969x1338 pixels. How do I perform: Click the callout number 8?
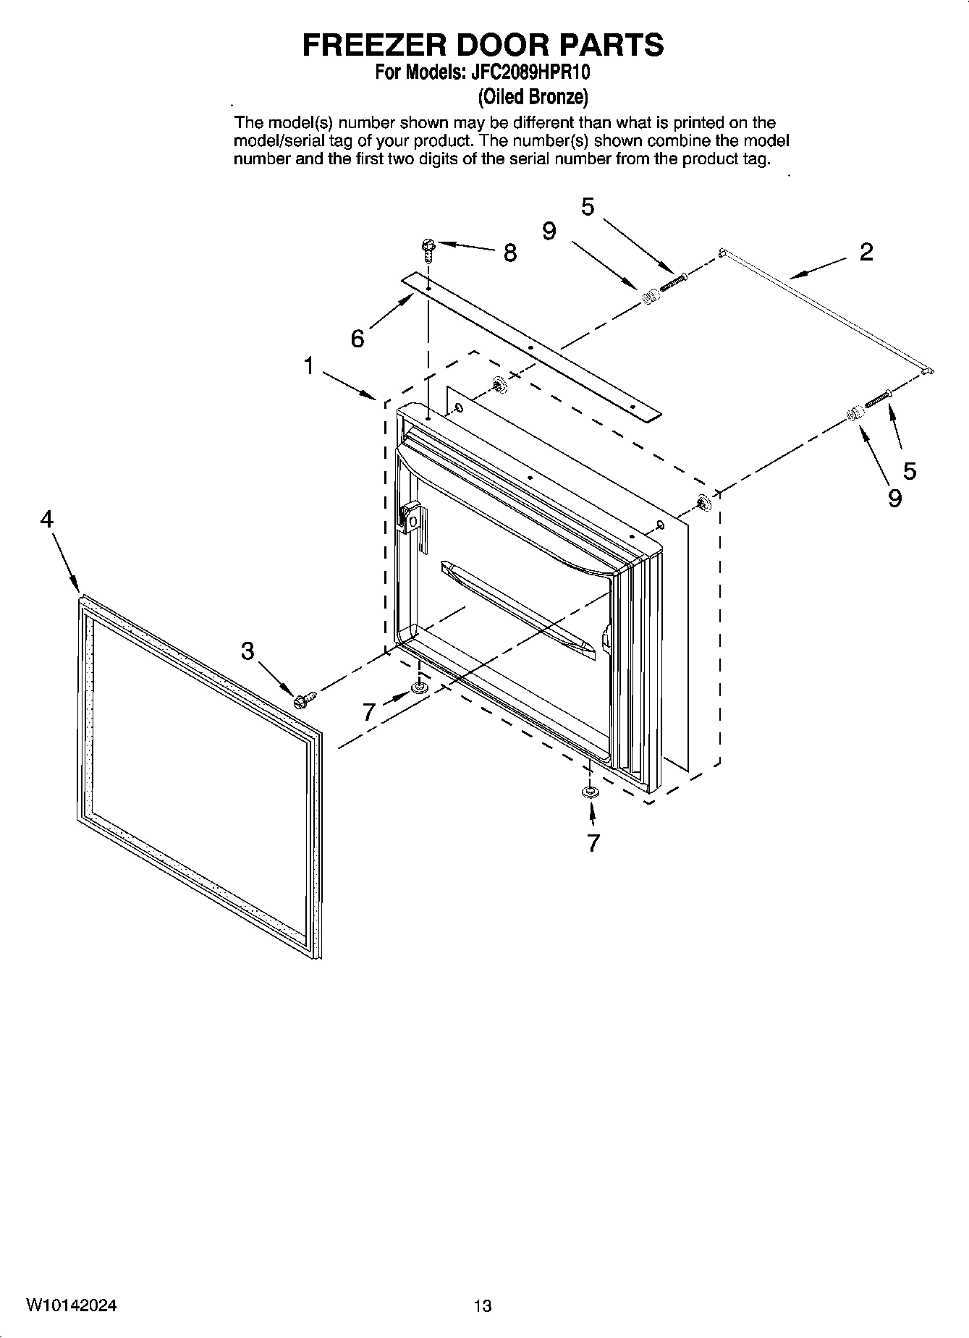(x=510, y=253)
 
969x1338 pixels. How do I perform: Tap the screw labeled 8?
(x=428, y=250)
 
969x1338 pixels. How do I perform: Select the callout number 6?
(x=357, y=338)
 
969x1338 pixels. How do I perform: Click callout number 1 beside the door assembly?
(x=309, y=367)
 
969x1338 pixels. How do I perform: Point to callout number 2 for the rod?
(x=866, y=253)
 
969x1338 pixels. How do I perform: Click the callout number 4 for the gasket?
(x=47, y=519)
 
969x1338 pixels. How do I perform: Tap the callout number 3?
(x=247, y=651)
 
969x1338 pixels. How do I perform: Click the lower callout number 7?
(x=593, y=843)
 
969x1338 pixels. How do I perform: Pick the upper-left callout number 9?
(x=549, y=232)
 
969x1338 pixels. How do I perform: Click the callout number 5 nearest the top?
(x=588, y=207)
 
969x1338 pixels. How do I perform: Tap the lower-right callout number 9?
(x=894, y=498)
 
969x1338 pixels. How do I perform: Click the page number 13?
(x=483, y=1306)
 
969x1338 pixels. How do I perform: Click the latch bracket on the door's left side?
(x=410, y=517)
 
